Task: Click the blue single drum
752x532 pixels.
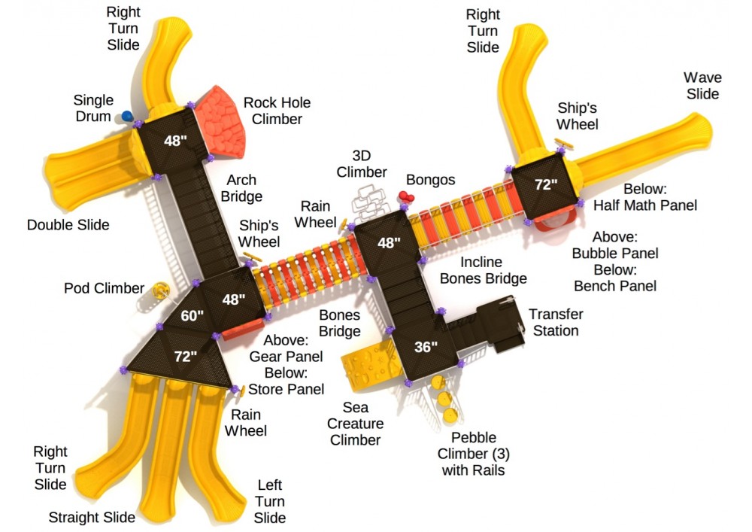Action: coord(127,116)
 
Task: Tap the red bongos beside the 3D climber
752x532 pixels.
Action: coord(406,197)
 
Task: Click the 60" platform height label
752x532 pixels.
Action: coord(192,316)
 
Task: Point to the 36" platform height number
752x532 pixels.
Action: coord(426,348)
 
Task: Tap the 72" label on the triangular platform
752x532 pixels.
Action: coord(185,356)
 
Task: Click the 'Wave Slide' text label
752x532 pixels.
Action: coord(702,86)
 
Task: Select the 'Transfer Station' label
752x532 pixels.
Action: coord(555,323)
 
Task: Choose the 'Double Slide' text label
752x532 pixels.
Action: coord(68,225)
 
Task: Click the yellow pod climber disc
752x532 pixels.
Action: coord(159,289)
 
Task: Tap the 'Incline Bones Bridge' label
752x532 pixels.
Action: coord(483,271)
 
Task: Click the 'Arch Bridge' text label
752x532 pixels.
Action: coord(241,188)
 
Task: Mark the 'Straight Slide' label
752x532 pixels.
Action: coord(92,517)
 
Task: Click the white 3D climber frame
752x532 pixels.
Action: coord(371,201)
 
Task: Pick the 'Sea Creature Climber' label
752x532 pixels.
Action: coord(356,424)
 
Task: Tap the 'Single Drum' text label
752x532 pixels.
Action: coord(93,108)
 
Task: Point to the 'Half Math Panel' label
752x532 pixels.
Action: coord(645,197)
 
